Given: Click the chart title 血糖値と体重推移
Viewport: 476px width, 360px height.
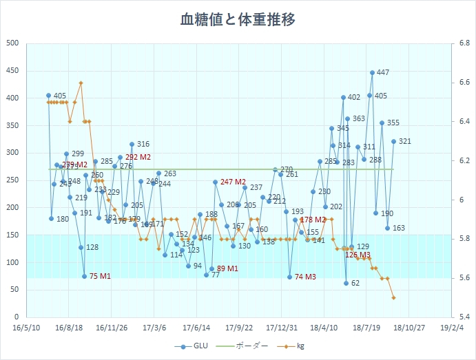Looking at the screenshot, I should [238, 19].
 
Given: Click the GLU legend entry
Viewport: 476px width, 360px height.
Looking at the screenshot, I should [195, 347].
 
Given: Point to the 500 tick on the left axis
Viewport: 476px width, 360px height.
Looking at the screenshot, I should [12, 43].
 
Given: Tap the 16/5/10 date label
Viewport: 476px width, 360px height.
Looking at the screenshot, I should [26, 328].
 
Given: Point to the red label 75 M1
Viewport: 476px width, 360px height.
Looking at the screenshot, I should [100, 276].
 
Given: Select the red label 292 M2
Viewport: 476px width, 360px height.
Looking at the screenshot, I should [138, 158].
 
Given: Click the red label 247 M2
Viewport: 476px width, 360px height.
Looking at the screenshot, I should [233, 182].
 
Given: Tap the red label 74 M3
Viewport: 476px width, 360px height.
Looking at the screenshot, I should [305, 277].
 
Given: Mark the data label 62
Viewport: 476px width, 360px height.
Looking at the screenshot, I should [355, 283].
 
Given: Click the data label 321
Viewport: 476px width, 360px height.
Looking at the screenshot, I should [405, 141].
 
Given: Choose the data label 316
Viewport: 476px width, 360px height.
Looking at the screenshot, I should [143, 145].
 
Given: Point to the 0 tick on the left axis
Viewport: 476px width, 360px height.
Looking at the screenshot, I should [17, 317].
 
